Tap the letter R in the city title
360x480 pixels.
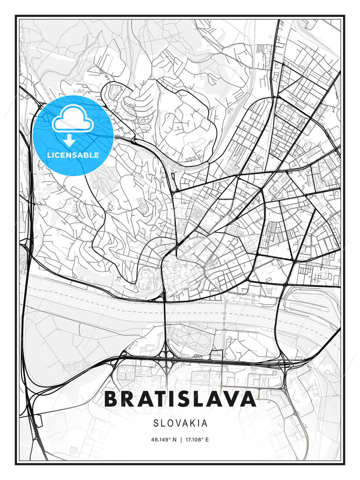pos(131,399)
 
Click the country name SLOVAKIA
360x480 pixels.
pos(180,423)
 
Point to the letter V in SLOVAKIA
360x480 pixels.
pos(179,423)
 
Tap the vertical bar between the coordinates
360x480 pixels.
pos(181,440)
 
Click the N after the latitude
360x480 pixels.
pos(174,440)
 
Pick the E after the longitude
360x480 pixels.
pos(207,440)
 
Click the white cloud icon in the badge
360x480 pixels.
pos(72,118)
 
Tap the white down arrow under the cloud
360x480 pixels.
pos(69,140)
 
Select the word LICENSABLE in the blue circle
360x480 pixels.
pos(73,155)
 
